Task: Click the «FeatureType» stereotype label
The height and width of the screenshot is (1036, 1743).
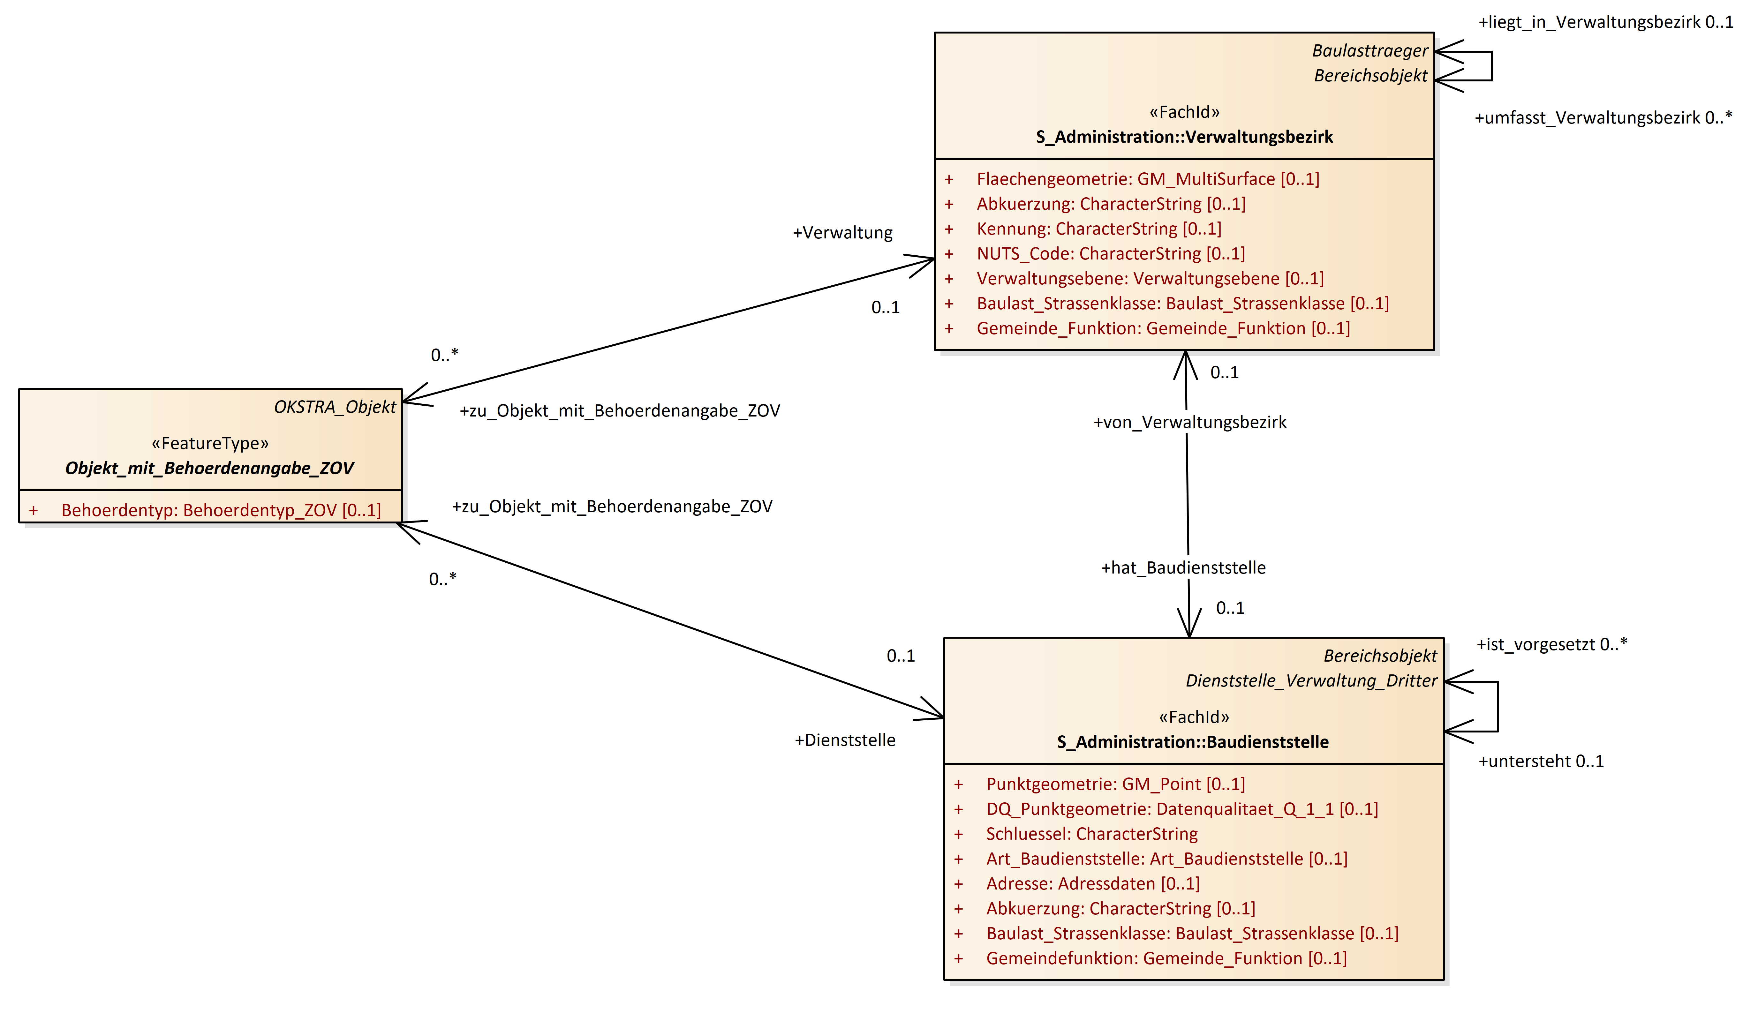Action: tap(210, 443)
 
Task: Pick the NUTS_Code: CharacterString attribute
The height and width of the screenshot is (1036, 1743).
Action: tap(1111, 254)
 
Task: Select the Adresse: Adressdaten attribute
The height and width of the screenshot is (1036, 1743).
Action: tap(1092, 884)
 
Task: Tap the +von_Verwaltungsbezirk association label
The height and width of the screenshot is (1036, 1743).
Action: tap(1189, 422)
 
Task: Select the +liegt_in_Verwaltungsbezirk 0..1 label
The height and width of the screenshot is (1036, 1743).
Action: tap(1605, 22)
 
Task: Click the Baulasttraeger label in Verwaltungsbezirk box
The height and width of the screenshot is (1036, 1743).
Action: tap(1369, 51)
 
